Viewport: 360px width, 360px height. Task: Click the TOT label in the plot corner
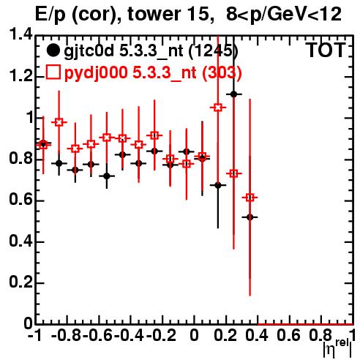(x=326, y=50)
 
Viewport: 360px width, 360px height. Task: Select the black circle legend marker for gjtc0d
(x=53, y=50)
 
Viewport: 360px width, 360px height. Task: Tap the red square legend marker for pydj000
(x=53, y=72)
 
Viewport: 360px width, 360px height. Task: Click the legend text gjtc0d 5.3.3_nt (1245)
(x=151, y=51)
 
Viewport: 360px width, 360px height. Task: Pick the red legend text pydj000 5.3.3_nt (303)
(x=153, y=73)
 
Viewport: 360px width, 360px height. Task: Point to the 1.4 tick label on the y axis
(x=20, y=34)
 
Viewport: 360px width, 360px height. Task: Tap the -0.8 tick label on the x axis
(x=67, y=336)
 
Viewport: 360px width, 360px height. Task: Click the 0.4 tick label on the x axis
(x=257, y=336)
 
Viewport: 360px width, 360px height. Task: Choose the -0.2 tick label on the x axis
(x=161, y=336)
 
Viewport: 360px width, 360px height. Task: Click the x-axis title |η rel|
(x=337, y=348)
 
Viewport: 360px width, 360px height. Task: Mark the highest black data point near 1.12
(x=233, y=94)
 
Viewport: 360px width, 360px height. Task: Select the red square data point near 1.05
(x=218, y=108)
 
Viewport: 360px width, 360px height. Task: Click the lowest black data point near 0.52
(x=250, y=217)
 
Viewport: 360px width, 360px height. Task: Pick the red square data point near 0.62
(x=250, y=198)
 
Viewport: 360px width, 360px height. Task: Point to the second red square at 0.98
(x=59, y=122)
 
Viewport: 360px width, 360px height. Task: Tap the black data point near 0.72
(x=107, y=176)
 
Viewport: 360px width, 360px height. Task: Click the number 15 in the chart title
(x=200, y=14)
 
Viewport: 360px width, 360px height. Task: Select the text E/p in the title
(x=50, y=15)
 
